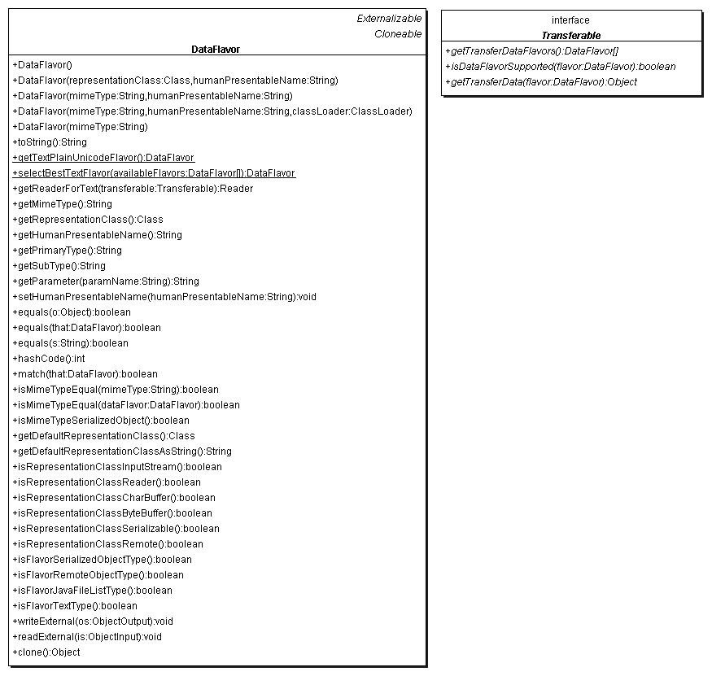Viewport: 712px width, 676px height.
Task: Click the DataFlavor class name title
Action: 216,50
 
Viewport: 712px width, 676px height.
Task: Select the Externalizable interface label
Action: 389,19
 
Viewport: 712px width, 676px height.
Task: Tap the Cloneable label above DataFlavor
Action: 398,34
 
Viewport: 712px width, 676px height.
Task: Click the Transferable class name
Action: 570,36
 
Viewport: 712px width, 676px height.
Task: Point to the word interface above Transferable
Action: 570,20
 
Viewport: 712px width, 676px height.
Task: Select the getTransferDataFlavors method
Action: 531,51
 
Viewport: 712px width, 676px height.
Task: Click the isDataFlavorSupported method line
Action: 560,67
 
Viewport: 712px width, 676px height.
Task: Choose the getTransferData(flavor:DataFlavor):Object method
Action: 540,82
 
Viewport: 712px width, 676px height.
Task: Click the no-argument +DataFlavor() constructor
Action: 42,64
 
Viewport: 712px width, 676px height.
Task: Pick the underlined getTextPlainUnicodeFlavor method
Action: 103,158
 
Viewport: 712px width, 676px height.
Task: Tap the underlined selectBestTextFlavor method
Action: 154,173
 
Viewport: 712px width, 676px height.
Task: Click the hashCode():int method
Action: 49,359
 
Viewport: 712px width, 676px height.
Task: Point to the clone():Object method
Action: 46,652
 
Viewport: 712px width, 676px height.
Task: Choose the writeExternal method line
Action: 93,621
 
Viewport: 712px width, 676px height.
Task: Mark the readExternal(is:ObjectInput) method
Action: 87,637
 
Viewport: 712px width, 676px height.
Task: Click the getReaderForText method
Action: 133,189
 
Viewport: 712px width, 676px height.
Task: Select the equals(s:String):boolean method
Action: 70,343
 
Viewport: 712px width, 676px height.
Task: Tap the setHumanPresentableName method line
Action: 164,297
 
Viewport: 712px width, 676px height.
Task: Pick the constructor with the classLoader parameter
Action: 212,111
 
